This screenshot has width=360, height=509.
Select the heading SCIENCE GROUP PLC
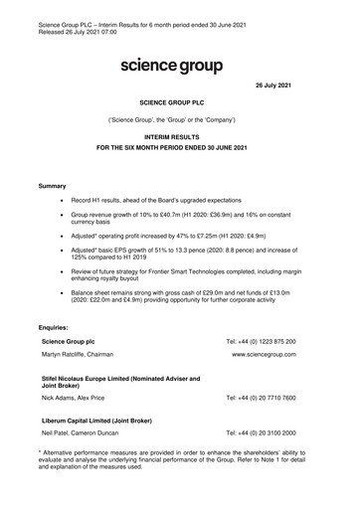(x=179, y=130)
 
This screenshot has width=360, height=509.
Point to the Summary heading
(x=52, y=214)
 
